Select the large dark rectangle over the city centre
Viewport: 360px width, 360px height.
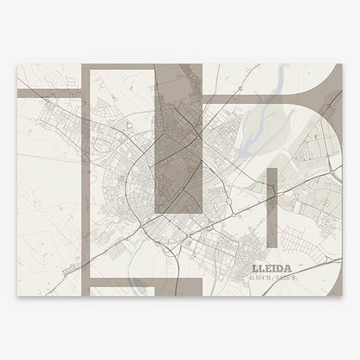tap(179, 143)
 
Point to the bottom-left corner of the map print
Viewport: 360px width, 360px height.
tap(18, 295)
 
